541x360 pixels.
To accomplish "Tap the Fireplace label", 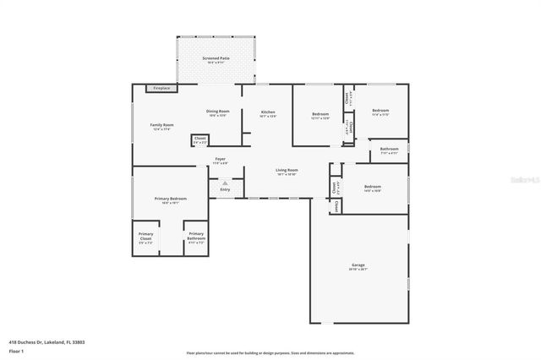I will (161, 88).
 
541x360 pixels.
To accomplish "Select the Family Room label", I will (161, 125).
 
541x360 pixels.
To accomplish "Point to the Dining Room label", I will (218, 112).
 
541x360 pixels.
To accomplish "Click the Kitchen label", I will (268, 112).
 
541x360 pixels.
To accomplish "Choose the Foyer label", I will (220, 159).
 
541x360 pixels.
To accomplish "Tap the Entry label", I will (225, 189).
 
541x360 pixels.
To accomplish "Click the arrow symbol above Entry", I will (225, 182).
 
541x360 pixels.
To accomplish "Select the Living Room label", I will (287, 170).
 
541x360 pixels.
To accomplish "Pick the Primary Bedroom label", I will (170, 199).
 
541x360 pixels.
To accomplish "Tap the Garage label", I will (358, 266).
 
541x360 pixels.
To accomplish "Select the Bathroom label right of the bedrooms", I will (389, 150).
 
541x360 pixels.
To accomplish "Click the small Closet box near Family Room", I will (199, 139).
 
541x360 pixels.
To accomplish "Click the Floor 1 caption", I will (16, 350).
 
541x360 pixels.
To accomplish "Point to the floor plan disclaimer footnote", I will (270, 352).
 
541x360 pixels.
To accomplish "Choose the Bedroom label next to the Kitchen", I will (320, 114).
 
